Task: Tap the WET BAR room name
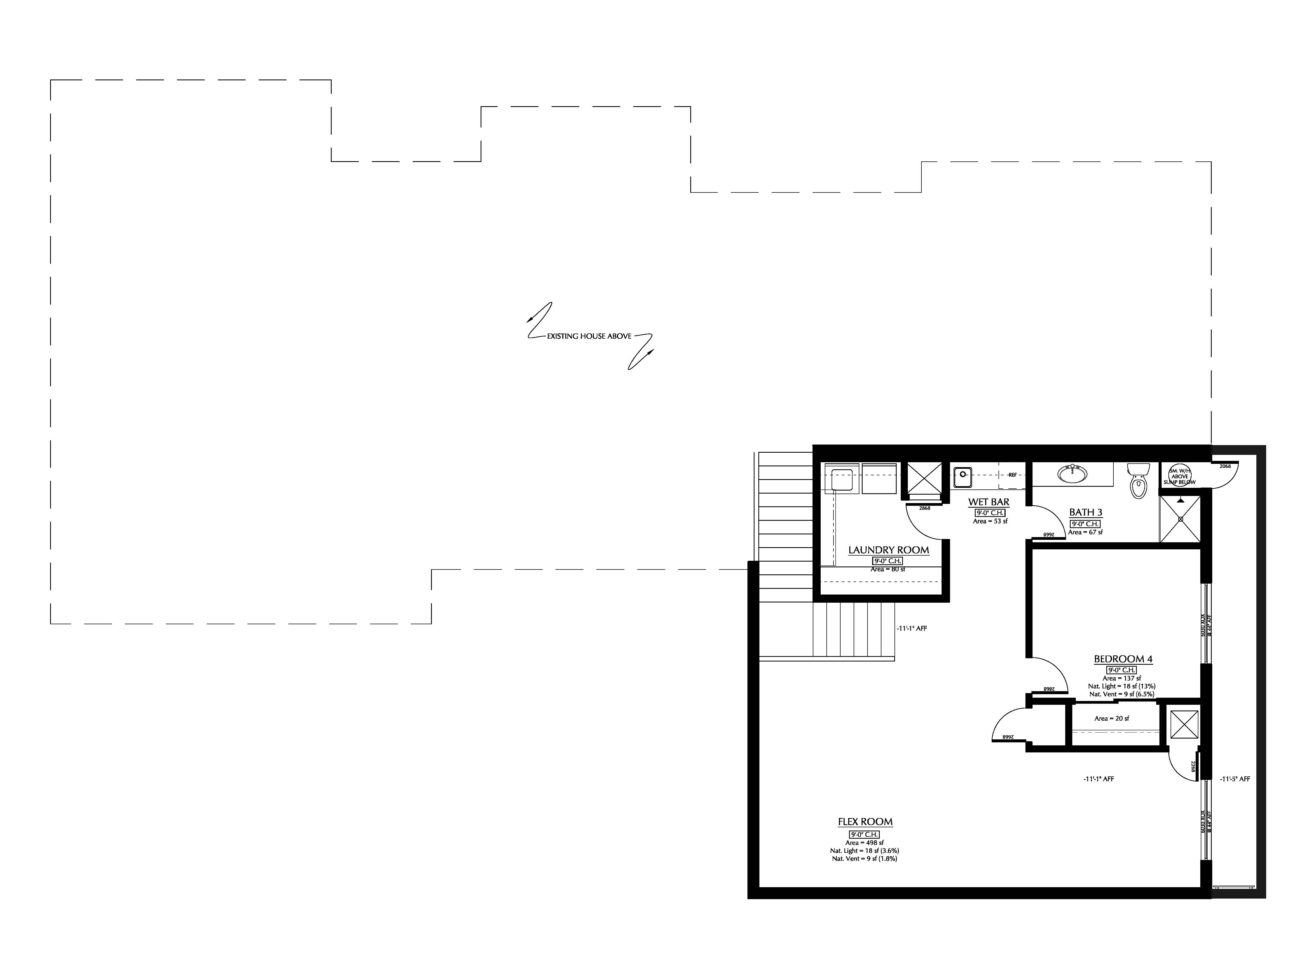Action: tap(988, 502)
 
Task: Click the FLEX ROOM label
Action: tap(865, 822)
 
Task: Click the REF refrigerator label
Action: tap(1012, 474)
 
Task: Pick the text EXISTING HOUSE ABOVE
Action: tap(589, 336)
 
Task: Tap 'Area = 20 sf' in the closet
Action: tap(1111, 718)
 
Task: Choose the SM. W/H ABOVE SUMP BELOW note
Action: tap(1179, 476)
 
